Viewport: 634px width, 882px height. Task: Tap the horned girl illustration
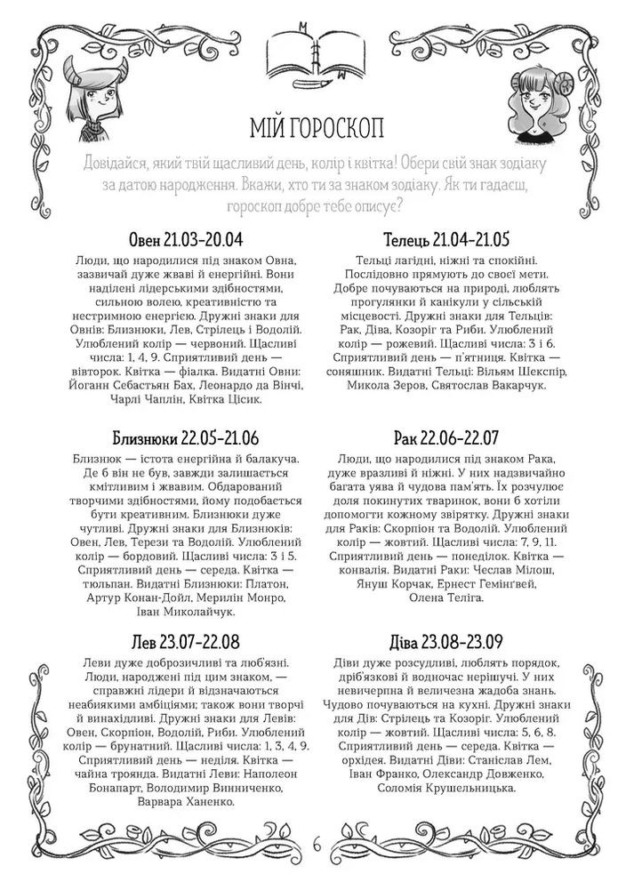point(99,100)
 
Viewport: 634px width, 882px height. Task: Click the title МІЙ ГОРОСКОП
point(317,125)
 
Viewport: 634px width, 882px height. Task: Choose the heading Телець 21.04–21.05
point(446,240)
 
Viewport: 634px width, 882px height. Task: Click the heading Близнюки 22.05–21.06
point(186,438)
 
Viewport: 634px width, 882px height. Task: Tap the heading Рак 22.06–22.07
point(446,438)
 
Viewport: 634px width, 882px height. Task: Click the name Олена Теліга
point(445,598)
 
